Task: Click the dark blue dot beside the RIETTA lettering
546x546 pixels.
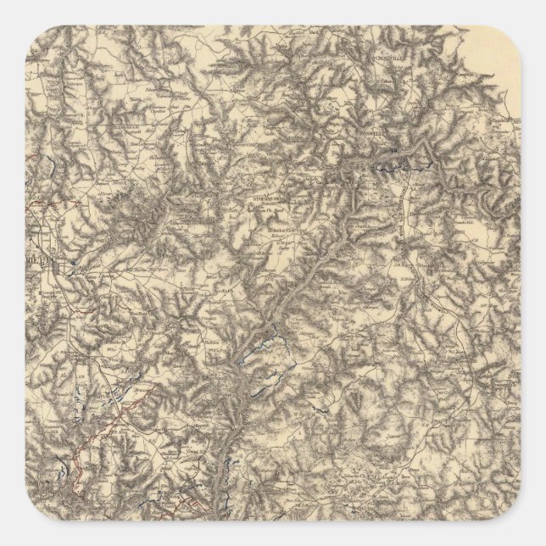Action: [75, 264]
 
